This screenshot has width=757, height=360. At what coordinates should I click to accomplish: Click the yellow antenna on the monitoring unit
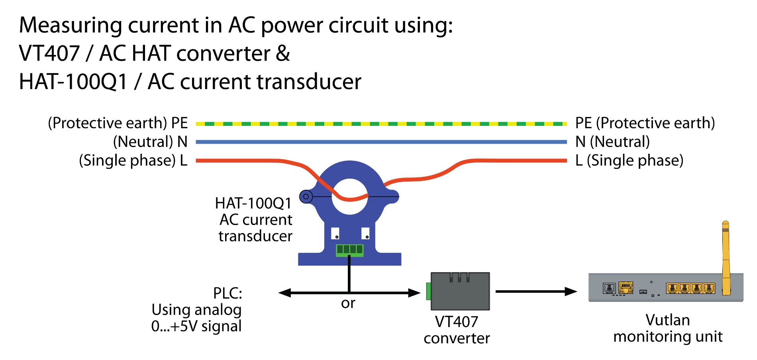726,259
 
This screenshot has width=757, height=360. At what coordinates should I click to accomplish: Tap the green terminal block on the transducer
349,250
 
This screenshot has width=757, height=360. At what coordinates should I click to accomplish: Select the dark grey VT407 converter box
460,292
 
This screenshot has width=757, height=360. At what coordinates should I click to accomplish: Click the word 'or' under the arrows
348,303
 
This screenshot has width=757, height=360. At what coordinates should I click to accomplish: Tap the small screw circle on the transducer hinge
306,196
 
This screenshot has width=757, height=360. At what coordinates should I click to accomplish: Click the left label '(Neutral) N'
150,142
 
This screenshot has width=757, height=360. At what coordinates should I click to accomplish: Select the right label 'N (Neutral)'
612,142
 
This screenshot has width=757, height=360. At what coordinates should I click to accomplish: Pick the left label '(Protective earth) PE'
118,123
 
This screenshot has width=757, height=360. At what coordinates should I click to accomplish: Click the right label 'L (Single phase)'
629,160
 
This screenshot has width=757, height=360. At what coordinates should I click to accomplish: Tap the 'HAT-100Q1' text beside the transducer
253,203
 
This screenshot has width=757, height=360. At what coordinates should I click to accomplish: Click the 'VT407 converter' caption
457,330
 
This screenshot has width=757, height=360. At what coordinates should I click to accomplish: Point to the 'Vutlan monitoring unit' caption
668,329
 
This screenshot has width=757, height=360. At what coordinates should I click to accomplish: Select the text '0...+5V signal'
196,326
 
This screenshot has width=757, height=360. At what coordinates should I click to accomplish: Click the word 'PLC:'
227,293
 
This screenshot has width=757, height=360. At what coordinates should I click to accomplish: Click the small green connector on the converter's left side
429,291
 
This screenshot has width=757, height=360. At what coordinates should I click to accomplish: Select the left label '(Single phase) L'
133,160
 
